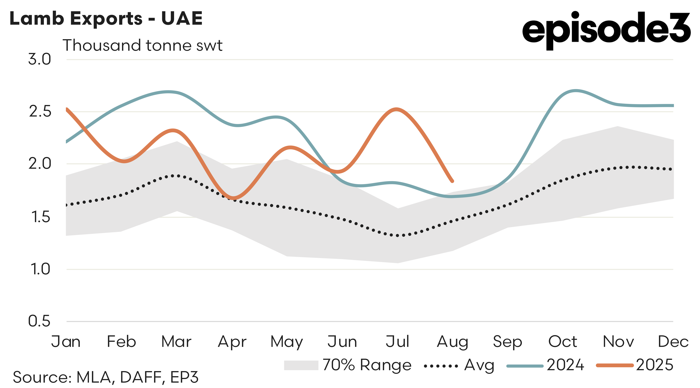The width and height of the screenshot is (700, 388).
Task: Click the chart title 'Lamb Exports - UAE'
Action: click(106, 18)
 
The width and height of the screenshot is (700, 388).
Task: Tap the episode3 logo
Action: click(606, 30)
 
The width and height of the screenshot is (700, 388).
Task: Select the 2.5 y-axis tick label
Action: click(40, 111)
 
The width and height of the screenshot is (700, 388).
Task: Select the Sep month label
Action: click(507, 342)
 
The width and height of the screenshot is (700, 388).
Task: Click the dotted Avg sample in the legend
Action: click(441, 366)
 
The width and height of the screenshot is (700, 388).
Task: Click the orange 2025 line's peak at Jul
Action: click(397, 109)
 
